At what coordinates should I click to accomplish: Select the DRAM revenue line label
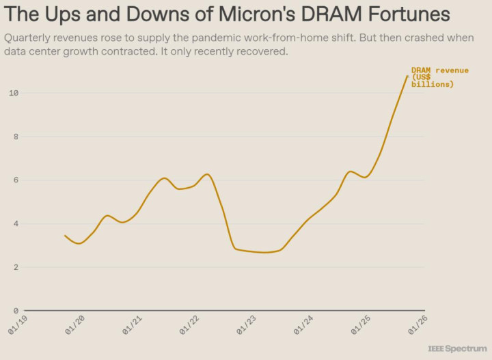coord(439,77)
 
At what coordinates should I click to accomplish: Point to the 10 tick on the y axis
coord(13,93)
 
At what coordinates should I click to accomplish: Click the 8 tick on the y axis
coord(15,137)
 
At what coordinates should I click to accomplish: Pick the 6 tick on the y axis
coord(15,180)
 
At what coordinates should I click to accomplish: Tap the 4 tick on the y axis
coord(15,224)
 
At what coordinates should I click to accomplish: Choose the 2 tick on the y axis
coord(15,268)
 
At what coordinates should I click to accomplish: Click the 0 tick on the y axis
coord(15,311)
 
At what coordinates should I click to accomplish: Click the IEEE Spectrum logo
coord(457,349)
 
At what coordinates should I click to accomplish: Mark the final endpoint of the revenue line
coord(407,76)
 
